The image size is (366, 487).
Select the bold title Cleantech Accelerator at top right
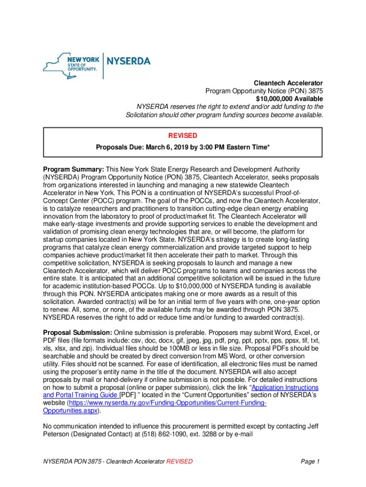tap(288, 83)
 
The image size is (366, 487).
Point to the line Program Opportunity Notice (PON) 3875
tap(264, 91)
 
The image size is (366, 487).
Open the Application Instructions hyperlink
tap(284, 388)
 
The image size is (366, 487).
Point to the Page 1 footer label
tap(310, 461)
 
